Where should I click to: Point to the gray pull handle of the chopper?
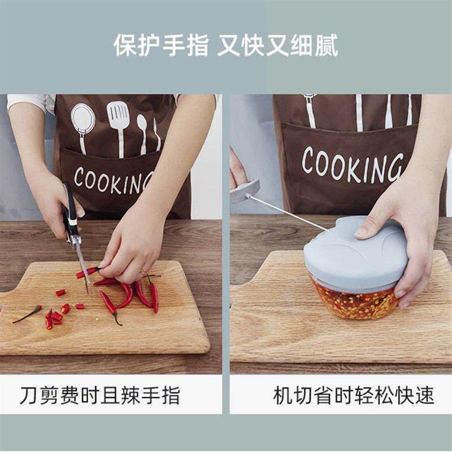point(244,190)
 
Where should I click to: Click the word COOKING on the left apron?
point(114,181)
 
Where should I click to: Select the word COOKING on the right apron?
point(352,165)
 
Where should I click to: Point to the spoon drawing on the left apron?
point(142,133)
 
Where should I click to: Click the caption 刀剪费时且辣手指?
point(100,395)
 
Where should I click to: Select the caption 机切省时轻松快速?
point(354,395)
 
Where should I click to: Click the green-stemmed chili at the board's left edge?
point(27,314)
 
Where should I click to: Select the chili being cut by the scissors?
point(88,272)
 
